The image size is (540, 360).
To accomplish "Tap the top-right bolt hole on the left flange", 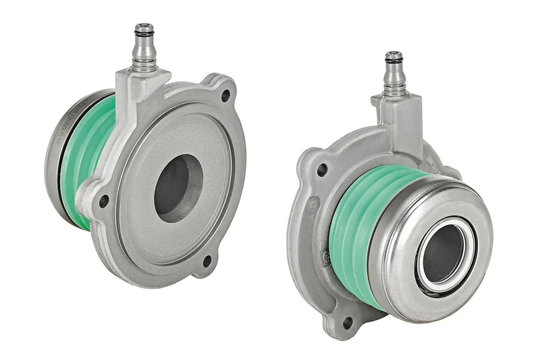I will coord(225,96).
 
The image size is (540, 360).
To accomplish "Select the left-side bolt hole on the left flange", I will coord(103,201).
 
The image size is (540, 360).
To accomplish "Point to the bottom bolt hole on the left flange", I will coord(207,259).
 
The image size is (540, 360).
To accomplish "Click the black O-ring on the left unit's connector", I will coord(143,31).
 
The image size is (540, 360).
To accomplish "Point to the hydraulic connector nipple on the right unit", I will coord(395,74).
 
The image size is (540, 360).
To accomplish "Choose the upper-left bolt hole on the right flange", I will coord(322,170).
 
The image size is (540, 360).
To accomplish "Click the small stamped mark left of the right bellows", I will coord(327,257).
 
